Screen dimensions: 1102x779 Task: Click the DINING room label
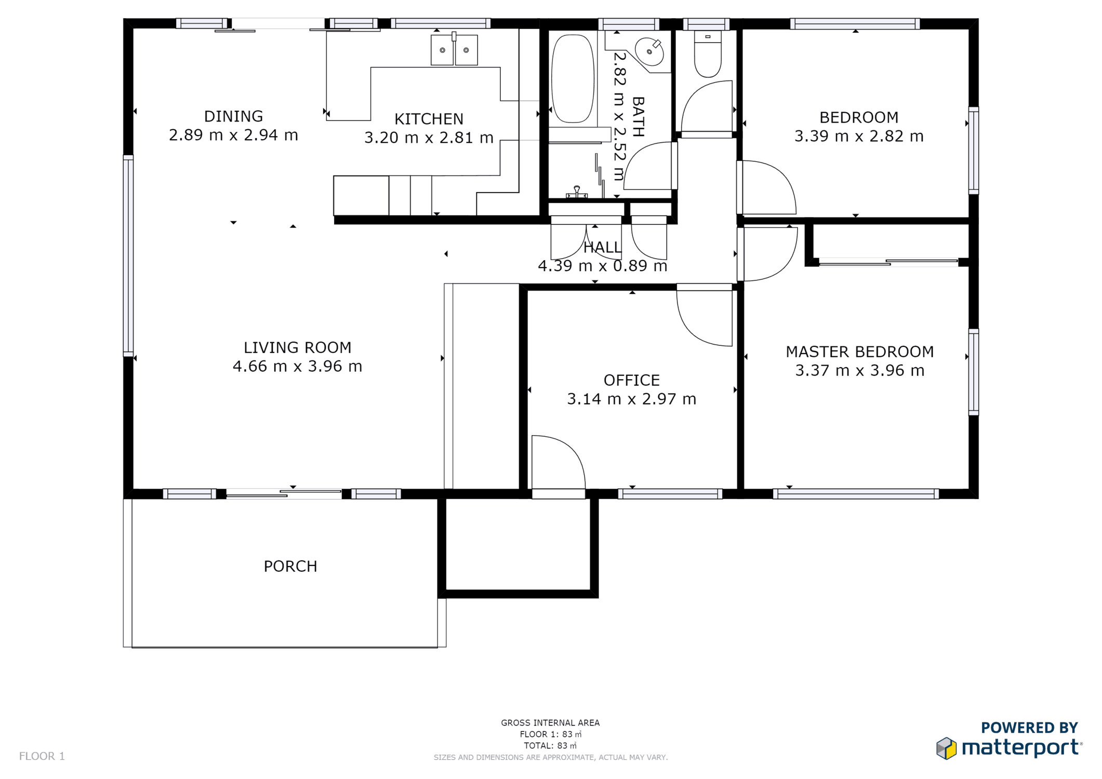(233, 116)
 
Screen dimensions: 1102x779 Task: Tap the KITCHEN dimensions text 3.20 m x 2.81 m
(429, 138)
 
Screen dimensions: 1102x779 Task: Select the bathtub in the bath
(573, 78)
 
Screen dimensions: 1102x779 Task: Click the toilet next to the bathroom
(708, 54)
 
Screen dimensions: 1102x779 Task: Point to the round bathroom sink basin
(649, 51)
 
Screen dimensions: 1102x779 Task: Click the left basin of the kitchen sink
(442, 50)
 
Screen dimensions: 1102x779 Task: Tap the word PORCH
(290, 566)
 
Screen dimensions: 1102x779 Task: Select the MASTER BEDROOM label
(860, 352)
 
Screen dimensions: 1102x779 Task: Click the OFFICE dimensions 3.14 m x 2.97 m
(631, 399)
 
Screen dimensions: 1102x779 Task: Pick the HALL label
(602, 247)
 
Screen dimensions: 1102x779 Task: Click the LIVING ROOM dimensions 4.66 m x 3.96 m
(297, 367)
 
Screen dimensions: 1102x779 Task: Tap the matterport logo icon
(946, 748)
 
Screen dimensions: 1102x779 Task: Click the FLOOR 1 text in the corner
(42, 756)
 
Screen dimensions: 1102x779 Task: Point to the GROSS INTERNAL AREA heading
(550, 723)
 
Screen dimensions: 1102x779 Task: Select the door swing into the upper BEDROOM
(767, 187)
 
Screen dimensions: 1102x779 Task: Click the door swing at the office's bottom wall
(559, 462)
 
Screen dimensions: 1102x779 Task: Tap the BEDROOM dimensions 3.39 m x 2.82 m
(859, 136)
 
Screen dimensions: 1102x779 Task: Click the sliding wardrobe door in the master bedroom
(888, 262)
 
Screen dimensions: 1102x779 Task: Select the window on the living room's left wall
(128, 256)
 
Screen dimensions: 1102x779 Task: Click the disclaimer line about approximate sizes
(551, 758)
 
